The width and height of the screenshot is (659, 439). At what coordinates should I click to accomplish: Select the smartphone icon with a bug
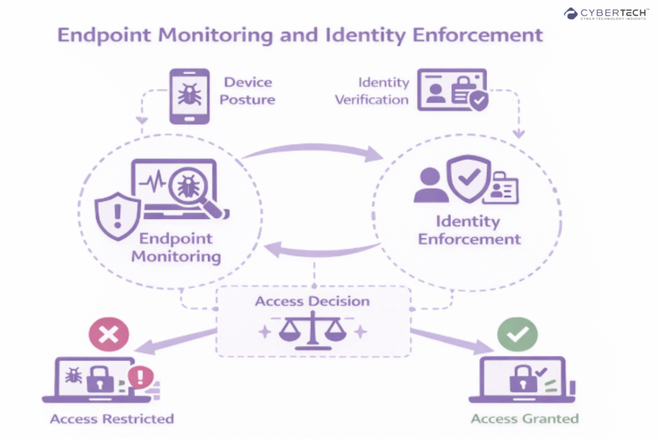click(x=189, y=96)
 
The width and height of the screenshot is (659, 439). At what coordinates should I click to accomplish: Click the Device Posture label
click(x=248, y=91)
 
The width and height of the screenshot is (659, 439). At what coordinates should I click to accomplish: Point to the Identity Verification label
click(x=384, y=91)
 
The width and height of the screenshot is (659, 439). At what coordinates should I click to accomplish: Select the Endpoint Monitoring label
click(x=176, y=247)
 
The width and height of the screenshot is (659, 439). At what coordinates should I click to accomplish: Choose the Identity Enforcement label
click(x=469, y=230)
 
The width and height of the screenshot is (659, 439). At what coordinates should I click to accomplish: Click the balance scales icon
click(x=312, y=330)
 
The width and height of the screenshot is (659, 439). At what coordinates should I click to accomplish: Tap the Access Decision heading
click(x=312, y=301)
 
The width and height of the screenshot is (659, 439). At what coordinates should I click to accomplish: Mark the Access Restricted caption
click(x=112, y=419)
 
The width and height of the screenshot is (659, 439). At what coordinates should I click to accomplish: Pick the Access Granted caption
click(x=524, y=419)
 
